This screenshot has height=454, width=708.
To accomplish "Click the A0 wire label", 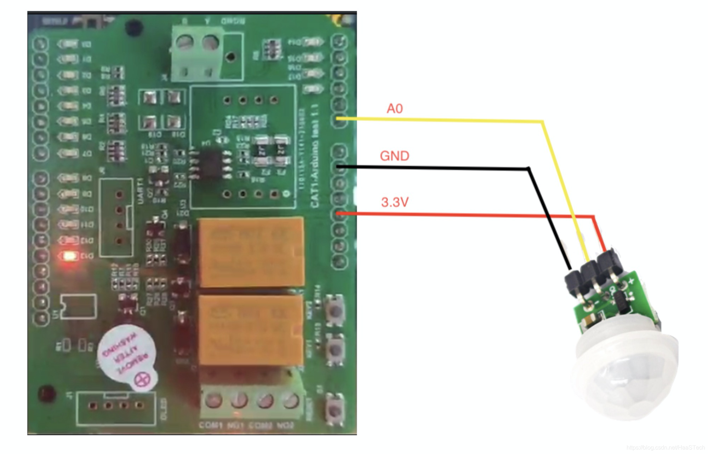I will coord(394,109).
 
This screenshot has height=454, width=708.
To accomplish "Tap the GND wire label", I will coord(394,156).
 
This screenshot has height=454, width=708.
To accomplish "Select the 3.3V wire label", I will coord(395,202).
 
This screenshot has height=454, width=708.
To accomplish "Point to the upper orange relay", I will coord(251,252).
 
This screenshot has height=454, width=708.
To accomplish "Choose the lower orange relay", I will coord(251,330).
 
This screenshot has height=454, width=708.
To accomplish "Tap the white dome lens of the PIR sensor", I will coord(625,378).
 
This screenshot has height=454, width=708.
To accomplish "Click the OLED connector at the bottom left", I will coord(116,407).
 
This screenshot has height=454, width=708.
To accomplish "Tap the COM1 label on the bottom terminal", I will coord(211,425).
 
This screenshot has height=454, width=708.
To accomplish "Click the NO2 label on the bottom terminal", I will coord(285,425).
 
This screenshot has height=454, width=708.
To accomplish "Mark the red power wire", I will coord(460,215).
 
